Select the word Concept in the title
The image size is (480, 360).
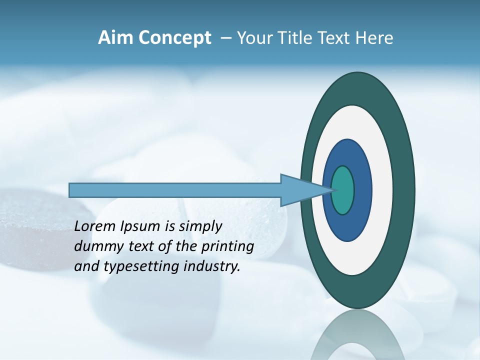[175, 38]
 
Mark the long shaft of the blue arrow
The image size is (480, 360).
[175, 190]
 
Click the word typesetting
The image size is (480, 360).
[142, 267]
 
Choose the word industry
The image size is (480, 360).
[212, 267]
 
